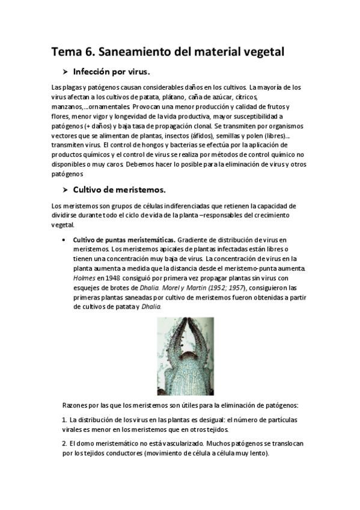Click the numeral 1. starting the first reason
pos(64,420)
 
